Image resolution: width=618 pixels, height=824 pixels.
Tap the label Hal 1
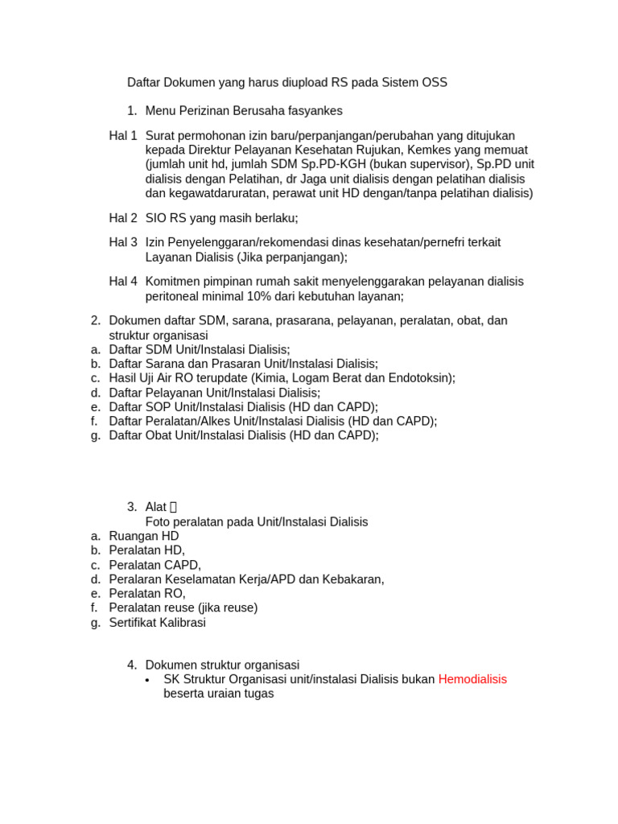tap(123, 135)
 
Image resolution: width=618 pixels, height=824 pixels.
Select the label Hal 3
tap(123, 242)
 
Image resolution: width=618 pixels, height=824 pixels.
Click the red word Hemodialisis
tap(472, 679)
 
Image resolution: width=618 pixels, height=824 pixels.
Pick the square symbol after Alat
tap(173, 507)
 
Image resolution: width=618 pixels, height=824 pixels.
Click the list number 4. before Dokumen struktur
tap(132, 665)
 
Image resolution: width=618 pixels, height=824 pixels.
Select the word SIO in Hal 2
tap(156, 218)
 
